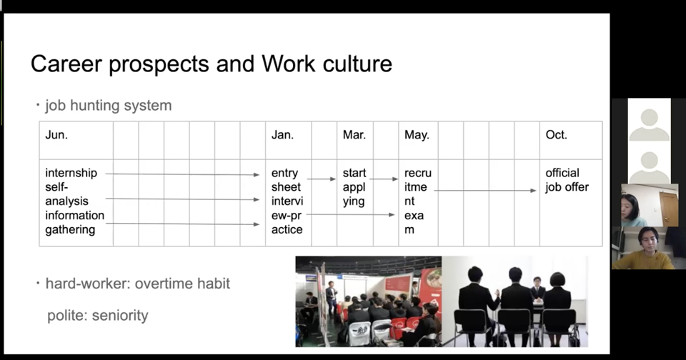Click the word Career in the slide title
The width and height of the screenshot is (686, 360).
click(x=66, y=64)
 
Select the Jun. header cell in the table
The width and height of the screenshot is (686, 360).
click(x=76, y=141)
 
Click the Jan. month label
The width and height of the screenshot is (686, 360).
click(x=283, y=135)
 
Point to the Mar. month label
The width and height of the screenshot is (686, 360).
click(x=354, y=135)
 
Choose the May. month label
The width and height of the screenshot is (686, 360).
click(x=417, y=135)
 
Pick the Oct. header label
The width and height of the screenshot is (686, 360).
click(x=557, y=135)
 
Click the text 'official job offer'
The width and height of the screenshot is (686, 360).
click(x=567, y=180)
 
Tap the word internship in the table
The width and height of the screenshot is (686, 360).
click(x=71, y=173)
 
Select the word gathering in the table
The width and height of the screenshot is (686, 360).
click(x=70, y=230)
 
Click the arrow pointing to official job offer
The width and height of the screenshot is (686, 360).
click(x=485, y=190)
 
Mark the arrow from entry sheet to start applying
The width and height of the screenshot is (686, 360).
click(x=322, y=179)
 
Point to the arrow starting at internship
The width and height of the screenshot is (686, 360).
click(x=182, y=174)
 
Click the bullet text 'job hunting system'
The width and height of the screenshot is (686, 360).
click(x=109, y=106)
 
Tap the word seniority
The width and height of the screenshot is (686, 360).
click(x=120, y=316)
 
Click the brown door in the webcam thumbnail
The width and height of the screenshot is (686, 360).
click(x=669, y=208)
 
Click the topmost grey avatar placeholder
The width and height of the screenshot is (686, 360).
click(x=650, y=125)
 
